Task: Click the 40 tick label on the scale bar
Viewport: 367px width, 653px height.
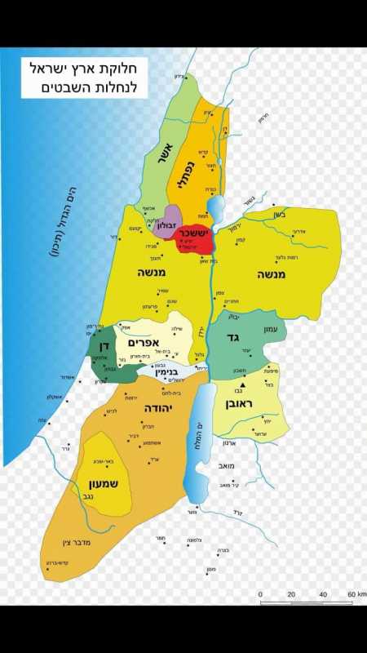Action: pos(322,594)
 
